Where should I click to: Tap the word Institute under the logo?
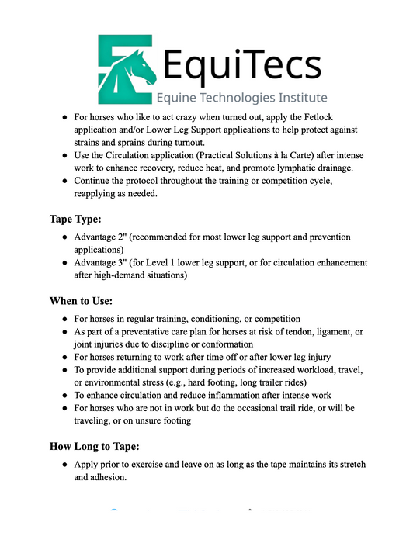[x=297, y=98]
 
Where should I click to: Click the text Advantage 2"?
[x=105, y=237]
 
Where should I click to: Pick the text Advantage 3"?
[x=105, y=263]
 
